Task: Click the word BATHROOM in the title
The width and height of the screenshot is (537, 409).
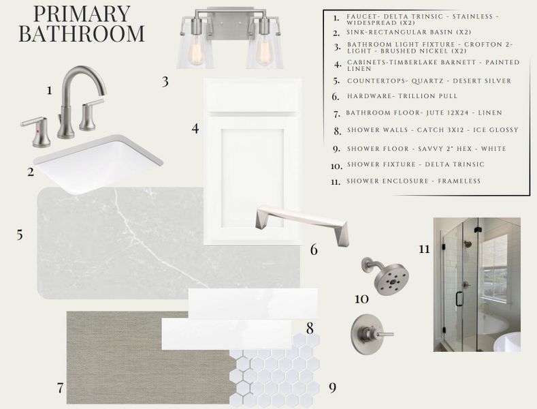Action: click(81, 34)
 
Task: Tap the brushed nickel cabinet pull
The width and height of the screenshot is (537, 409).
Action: click(302, 218)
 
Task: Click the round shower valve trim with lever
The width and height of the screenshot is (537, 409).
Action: click(371, 334)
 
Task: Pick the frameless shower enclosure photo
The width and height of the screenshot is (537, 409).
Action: click(476, 284)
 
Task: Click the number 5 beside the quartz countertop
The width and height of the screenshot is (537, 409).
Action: click(20, 235)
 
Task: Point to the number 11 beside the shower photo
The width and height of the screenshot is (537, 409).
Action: click(424, 249)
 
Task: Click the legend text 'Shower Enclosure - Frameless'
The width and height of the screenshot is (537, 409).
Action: click(413, 181)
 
